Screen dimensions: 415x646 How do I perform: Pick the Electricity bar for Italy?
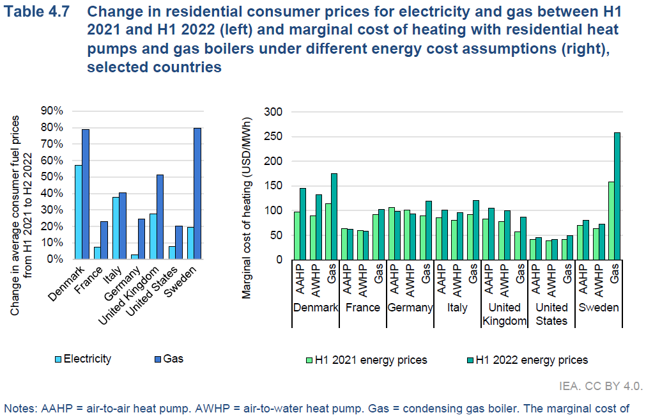[116, 228]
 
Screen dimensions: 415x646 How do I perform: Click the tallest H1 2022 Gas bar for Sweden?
[617, 196]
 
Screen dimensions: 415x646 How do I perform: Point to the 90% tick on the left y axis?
[51, 111]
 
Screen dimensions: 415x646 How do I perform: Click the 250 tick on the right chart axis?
[272, 136]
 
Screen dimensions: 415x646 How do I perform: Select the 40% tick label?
[51, 193]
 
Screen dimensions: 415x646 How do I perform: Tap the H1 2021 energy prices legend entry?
[367, 360]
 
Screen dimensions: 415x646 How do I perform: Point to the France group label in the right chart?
[363, 308]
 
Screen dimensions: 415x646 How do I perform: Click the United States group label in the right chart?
[551, 314]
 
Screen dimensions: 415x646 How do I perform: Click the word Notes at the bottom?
[19, 407]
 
